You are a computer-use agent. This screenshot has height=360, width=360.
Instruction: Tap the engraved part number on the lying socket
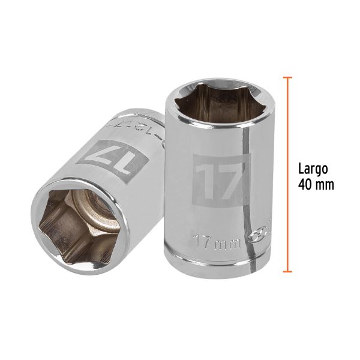click(148, 124)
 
